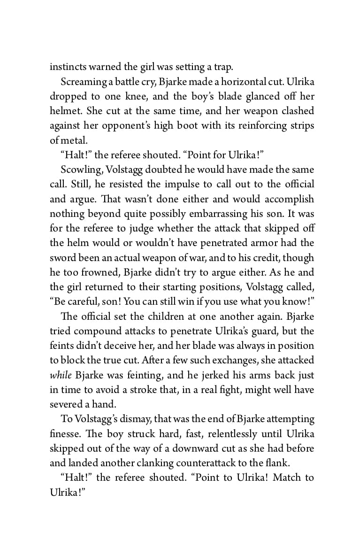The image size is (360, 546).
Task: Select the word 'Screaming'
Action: click(x=84, y=82)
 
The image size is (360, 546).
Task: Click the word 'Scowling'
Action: click(x=78, y=169)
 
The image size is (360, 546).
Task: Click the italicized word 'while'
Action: click(x=59, y=375)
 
